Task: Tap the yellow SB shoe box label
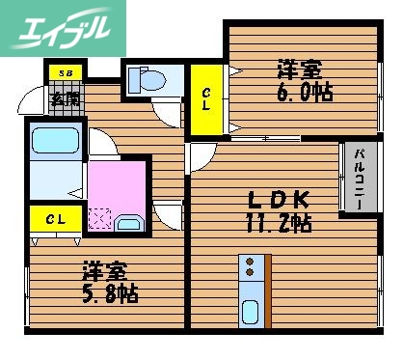65,72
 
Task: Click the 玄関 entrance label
65,98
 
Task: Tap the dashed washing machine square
100,218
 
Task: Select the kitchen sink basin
253,311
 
